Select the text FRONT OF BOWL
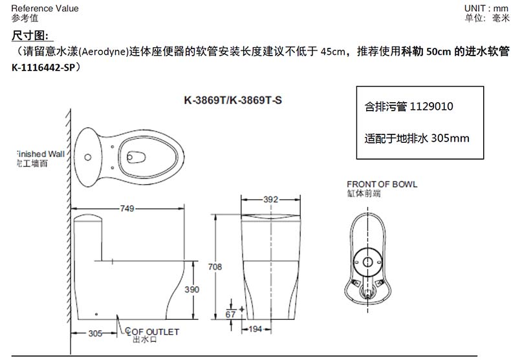(382, 184)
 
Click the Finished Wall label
(40, 154)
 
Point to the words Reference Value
(45, 8)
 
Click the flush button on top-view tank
(87, 157)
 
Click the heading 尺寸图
(30, 36)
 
